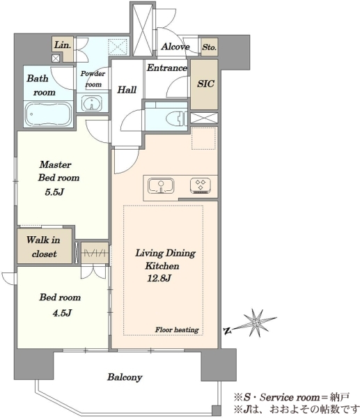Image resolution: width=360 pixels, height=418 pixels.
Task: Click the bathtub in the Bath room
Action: tap(48, 114)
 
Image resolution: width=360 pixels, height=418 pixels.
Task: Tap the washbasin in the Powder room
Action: tap(92, 103)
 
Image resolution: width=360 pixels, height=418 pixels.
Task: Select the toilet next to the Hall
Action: tap(177, 118)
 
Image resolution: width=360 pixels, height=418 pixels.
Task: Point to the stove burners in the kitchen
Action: tap(201, 185)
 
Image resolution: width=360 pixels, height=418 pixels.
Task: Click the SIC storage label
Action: tap(205, 84)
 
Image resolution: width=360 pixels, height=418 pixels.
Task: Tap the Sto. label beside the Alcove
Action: tap(209, 47)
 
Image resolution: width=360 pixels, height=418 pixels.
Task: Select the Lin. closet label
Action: tap(63, 45)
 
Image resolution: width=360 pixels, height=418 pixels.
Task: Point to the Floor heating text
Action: tap(177, 330)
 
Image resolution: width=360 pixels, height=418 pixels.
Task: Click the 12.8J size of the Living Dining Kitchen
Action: tap(159, 278)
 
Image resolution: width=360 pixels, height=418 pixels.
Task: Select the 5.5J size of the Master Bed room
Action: tap(54, 192)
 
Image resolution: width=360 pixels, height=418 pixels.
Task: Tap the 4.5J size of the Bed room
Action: tap(62, 312)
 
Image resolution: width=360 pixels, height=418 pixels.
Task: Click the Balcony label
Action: tap(125, 377)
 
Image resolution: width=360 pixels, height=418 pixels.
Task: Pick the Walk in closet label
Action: tap(43, 247)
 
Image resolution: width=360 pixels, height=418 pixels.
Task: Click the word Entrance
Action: tap(167, 68)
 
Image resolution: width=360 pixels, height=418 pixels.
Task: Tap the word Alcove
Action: tap(175, 47)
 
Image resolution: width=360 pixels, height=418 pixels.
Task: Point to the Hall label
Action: tap(127, 90)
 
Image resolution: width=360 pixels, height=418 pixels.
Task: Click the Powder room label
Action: tap(93, 79)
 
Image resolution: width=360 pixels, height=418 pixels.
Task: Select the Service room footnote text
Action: tap(292, 397)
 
